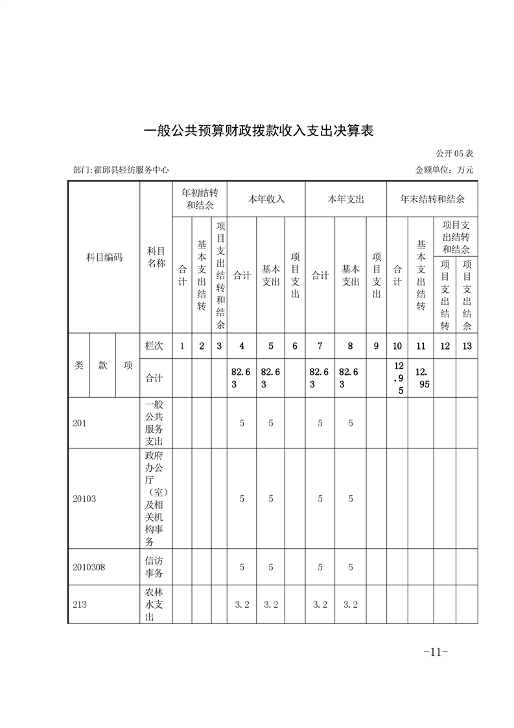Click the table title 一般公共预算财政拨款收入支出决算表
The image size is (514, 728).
(258, 130)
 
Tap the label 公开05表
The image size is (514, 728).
(455, 154)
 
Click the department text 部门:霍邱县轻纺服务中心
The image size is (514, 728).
(121, 170)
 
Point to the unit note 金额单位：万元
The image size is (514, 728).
(444, 170)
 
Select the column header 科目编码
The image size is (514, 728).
(104, 258)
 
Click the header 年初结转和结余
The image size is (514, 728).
(200, 199)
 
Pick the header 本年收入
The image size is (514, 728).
(266, 199)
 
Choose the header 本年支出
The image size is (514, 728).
(345, 199)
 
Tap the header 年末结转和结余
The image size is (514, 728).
(432, 199)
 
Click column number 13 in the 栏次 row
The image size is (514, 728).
(467, 346)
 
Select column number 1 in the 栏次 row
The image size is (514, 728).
(182, 346)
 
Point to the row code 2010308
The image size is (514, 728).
(89, 567)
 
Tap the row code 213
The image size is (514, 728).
(80, 604)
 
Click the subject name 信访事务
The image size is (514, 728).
(156, 566)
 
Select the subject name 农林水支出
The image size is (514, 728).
(156, 604)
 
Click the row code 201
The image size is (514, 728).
(80, 423)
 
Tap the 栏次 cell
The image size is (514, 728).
(155, 346)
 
